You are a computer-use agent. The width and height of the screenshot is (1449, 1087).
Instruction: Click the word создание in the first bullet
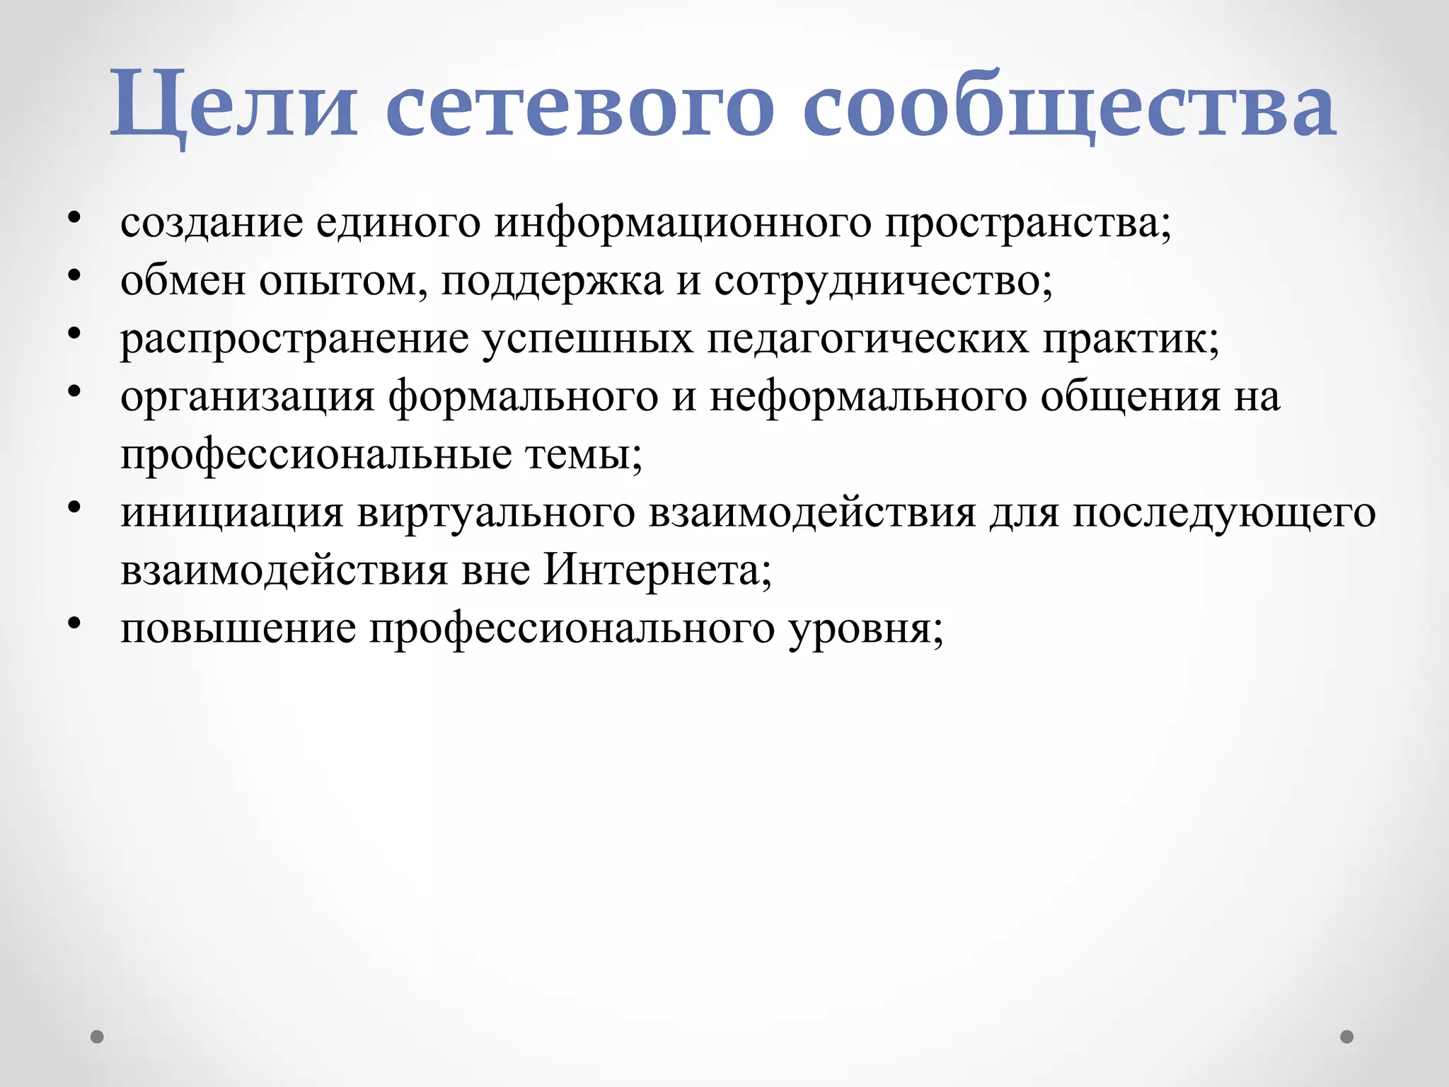[x=212, y=224]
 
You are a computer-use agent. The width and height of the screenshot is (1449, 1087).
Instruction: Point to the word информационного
[x=683, y=224]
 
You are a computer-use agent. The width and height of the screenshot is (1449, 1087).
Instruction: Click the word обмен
[x=182, y=282]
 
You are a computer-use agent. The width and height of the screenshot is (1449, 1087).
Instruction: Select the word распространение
[x=294, y=340]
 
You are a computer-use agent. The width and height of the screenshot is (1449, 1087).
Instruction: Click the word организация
[x=247, y=398]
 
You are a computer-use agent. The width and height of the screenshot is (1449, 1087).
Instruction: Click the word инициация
[x=232, y=513]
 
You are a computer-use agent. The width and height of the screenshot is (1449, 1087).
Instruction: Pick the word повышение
[x=238, y=629]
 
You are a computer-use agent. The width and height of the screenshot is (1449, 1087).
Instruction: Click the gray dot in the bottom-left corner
[x=98, y=1037]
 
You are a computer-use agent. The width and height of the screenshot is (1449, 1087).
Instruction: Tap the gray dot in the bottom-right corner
[x=1347, y=1037]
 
